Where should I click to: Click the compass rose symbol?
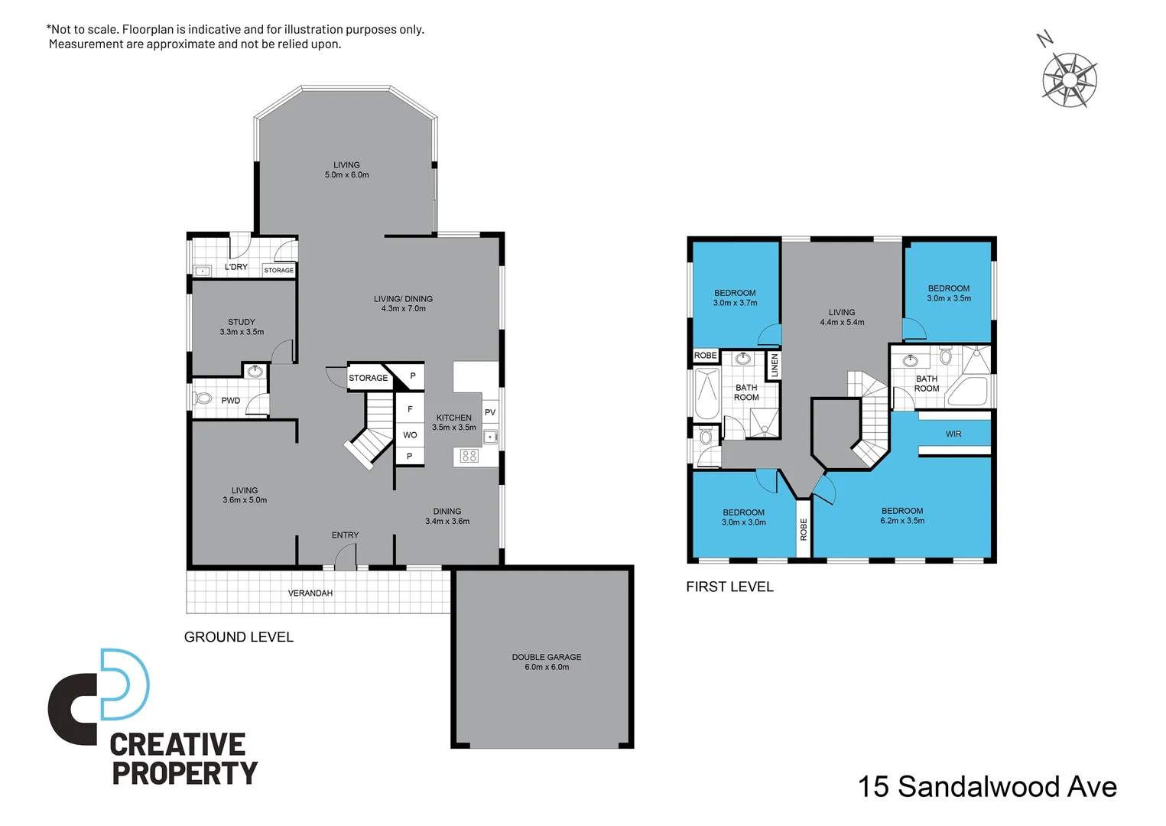pyautogui.click(x=1069, y=79)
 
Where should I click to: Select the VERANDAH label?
pyautogui.click(x=310, y=593)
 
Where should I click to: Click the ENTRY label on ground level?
pyautogui.click(x=345, y=535)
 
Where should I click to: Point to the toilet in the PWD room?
pyautogui.click(x=203, y=398)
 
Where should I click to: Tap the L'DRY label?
pyautogui.click(x=235, y=267)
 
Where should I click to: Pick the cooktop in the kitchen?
pyautogui.click(x=469, y=456)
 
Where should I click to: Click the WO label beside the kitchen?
pyautogui.click(x=410, y=435)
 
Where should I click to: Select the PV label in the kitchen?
pyautogui.click(x=490, y=412)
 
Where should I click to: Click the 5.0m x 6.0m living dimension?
pyautogui.click(x=346, y=175)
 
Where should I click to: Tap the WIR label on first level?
pyautogui.click(x=953, y=434)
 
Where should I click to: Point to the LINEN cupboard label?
pyautogui.click(x=774, y=365)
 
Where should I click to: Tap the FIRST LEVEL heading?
pyautogui.click(x=729, y=587)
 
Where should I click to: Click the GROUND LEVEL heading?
pyautogui.click(x=239, y=637)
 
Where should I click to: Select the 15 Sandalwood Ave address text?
pyautogui.click(x=987, y=786)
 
